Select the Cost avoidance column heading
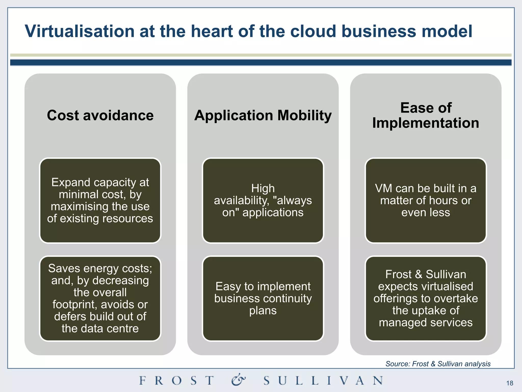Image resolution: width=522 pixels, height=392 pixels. pyautogui.click(x=100, y=115)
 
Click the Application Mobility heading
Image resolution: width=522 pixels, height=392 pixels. pyautogui.click(x=263, y=115)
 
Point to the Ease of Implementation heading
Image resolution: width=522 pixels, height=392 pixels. pyautogui.click(x=426, y=115)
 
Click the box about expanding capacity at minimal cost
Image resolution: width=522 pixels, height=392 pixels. pyautogui.click(x=100, y=201)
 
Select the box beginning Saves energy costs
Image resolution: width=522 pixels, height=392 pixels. pyautogui.click(x=100, y=298)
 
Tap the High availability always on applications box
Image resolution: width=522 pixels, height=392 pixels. pyautogui.click(x=263, y=201)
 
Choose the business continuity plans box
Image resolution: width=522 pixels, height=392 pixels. pyautogui.click(x=263, y=298)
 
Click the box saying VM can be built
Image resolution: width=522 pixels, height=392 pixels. pyautogui.click(x=426, y=201)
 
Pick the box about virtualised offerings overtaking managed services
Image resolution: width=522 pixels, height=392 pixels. pyautogui.click(x=426, y=298)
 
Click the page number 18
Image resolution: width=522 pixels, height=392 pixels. pyautogui.click(x=510, y=383)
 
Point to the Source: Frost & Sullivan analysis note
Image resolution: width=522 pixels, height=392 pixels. pyautogui.click(x=438, y=364)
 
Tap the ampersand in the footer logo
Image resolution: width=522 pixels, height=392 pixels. pyautogui.click(x=239, y=380)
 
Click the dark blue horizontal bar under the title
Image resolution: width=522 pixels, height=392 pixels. pyautogui.click(x=261, y=63)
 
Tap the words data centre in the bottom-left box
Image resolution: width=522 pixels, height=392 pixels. pyautogui.click(x=110, y=328)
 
